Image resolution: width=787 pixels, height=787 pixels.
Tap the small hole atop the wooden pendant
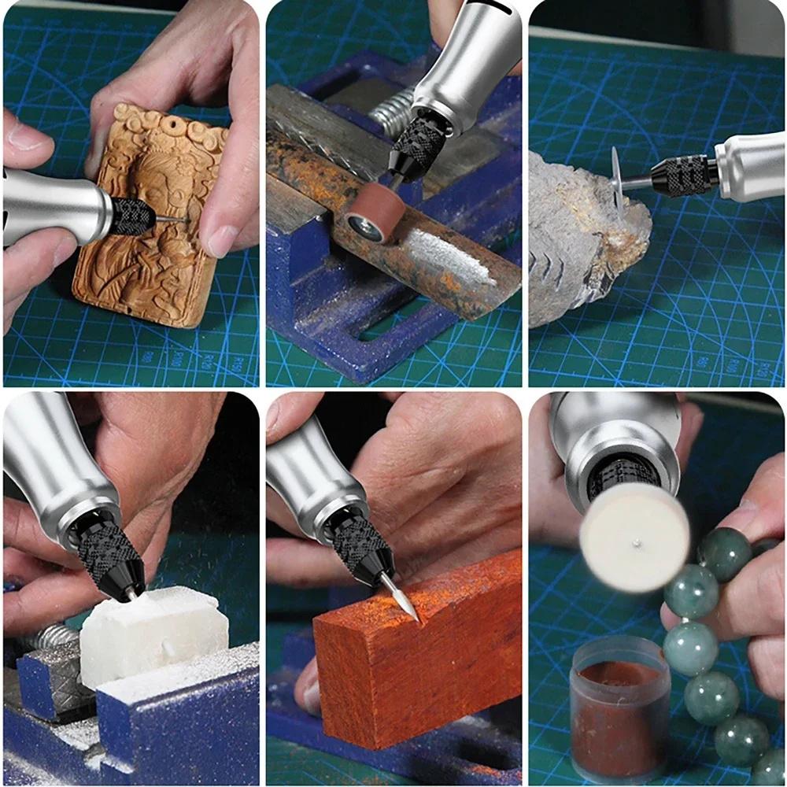[164, 126]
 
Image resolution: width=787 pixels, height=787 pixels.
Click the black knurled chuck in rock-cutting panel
[682, 176]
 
